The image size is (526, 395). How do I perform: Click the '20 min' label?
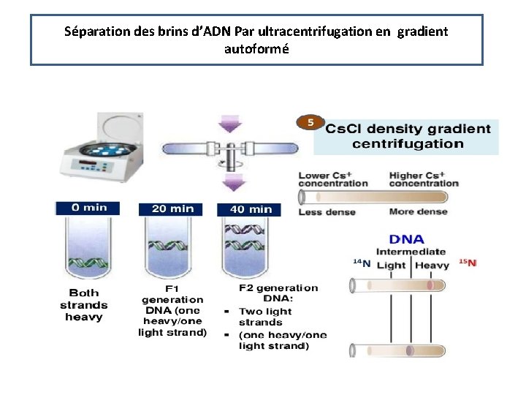pyautogui.click(x=172, y=208)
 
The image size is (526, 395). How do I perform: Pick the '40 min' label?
pyautogui.click(x=251, y=209)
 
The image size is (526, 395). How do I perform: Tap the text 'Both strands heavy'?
pyautogui.click(x=84, y=305)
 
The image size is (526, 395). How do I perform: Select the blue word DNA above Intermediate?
pyautogui.click(x=407, y=239)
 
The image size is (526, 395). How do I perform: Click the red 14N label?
pyautogui.click(x=362, y=263)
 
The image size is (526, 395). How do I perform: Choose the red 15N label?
pyautogui.click(x=468, y=263)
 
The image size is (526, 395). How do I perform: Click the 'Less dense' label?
pyautogui.click(x=327, y=212)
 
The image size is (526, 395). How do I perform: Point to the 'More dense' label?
pyautogui.click(x=417, y=212)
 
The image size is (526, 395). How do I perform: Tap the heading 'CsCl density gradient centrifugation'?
pyautogui.click(x=408, y=136)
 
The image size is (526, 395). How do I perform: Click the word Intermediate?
pyautogui.click(x=411, y=252)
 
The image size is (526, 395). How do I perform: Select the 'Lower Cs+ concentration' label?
pyautogui.click(x=333, y=179)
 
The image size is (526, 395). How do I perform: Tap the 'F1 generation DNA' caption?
pyautogui.click(x=172, y=309)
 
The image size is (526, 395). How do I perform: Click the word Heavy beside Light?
pyautogui.click(x=432, y=265)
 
